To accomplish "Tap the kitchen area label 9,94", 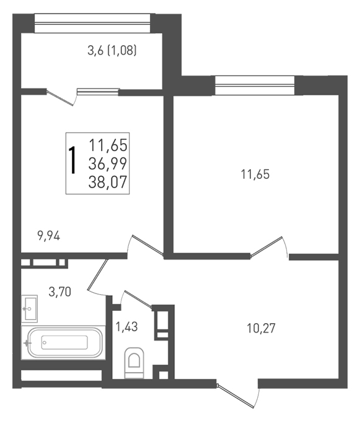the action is pyautogui.click(x=48, y=237).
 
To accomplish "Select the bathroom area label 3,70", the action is pyautogui.click(x=60, y=292).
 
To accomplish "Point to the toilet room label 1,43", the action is pyautogui.click(x=126, y=327).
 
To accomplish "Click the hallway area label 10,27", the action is pyautogui.click(x=261, y=328).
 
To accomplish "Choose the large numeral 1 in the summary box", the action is pyautogui.click(x=72, y=160).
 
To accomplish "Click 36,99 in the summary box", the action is pyautogui.click(x=108, y=163).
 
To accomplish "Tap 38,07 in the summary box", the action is pyautogui.click(x=108, y=182).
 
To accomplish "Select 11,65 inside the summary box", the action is pyautogui.click(x=108, y=145).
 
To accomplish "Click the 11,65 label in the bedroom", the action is pyautogui.click(x=255, y=174).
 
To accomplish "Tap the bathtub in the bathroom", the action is pyautogui.click(x=64, y=342).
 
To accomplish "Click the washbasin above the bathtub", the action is pyautogui.click(x=29, y=309).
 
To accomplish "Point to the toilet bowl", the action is pyautogui.click(x=134, y=363).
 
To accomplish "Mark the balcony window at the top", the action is pyautogui.click(x=92, y=23).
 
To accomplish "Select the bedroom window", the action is pyautogui.click(x=255, y=85).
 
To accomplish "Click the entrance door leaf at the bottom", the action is pyautogui.click(x=235, y=395).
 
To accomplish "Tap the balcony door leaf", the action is pyautogui.click(x=60, y=98).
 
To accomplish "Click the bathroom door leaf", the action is pyautogui.click(x=98, y=274).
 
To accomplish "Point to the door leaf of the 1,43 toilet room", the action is pyautogui.click(x=138, y=299).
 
